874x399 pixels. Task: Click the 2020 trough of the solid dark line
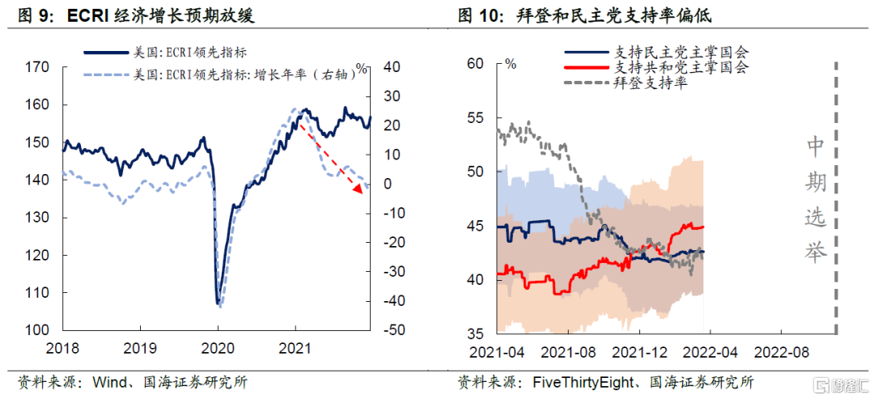coord(218,303)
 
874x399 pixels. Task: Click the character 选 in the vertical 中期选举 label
coord(814,217)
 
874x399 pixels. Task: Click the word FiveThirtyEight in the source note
coord(575,380)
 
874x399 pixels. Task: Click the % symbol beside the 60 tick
coord(510,63)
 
